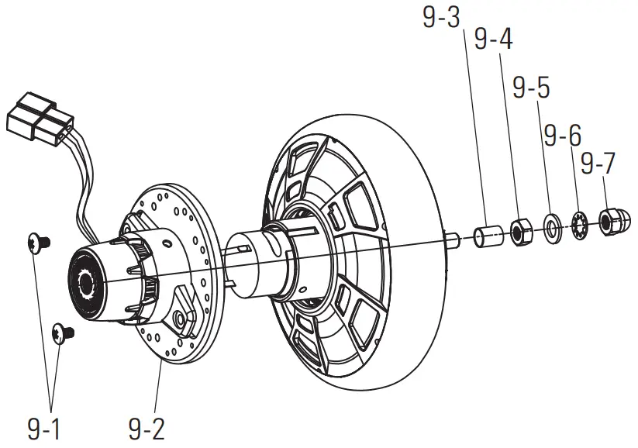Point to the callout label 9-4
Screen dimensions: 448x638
(493, 40)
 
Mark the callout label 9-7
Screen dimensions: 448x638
(598, 164)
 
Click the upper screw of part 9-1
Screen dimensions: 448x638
(36, 243)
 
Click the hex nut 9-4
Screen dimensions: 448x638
(519, 230)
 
